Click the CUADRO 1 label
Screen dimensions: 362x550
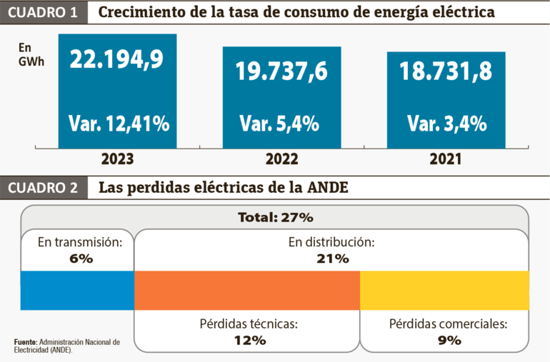click(x=44, y=13)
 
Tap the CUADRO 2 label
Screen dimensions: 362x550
click(x=44, y=188)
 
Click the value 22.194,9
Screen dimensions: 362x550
click(x=117, y=59)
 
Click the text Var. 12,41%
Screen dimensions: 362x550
click(x=119, y=124)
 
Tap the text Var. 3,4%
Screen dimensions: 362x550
click(x=446, y=124)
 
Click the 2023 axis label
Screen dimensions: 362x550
click(x=118, y=159)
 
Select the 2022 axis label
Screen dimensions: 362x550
click(x=282, y=159)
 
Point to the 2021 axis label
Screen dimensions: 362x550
click(x=446, y=159)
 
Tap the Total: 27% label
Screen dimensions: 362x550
click(x=275, y=217)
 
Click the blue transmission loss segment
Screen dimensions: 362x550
click(x=77, y=291)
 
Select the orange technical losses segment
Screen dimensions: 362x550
click(x=247, y=291)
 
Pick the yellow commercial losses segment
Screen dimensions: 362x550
click(x=444, y=291)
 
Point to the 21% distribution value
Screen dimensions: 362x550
click(x=332, y=258)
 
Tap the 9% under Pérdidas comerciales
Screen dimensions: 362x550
click(x=448, y=340)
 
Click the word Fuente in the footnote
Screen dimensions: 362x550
click(x=25, y=343)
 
